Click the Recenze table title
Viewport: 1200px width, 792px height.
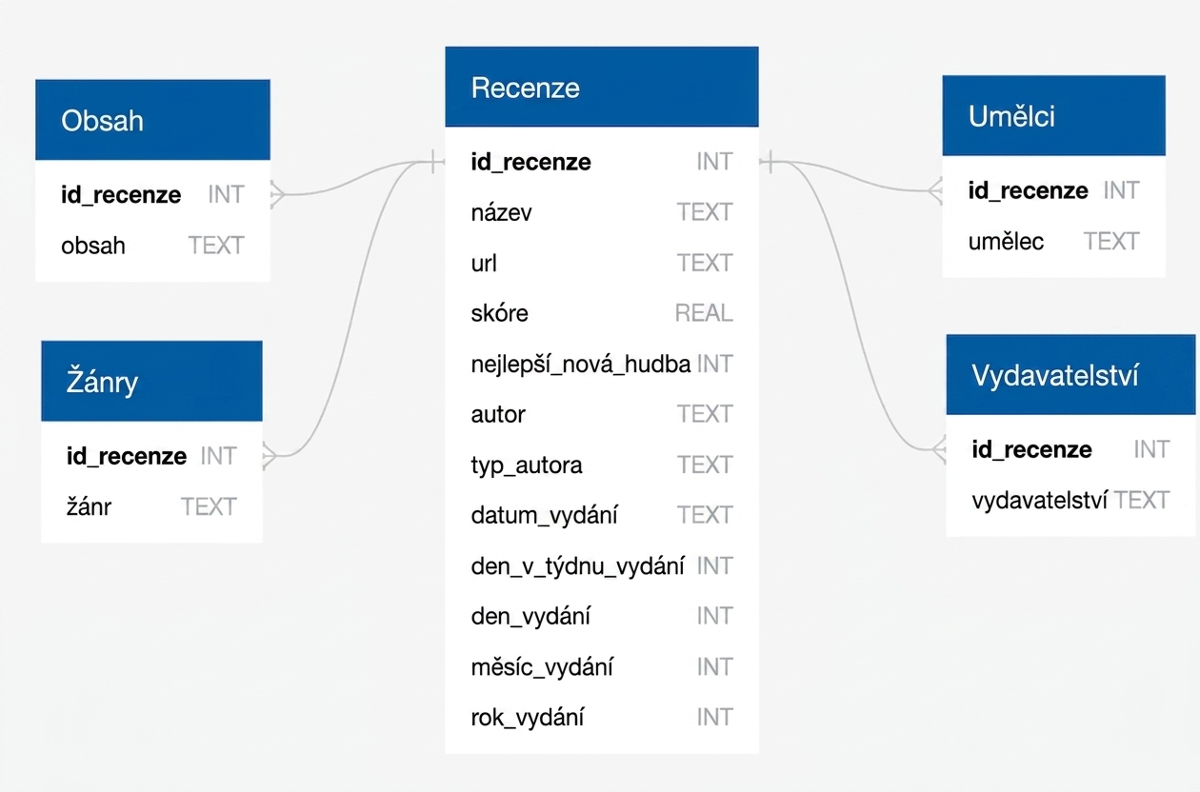click(x=525, y=88)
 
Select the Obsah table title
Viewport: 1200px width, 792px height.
click(x=102, y=121)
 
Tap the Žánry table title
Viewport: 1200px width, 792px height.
click(x=102, y=381)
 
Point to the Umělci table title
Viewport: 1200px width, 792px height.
click(x=1011, y=116)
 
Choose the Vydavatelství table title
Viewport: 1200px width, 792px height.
click(x=1055, y=375)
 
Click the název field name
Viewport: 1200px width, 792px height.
click(x=501, y=212)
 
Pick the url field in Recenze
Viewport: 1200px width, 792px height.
click(x=484, y=263)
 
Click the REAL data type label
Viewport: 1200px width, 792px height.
click(x=704, y=313)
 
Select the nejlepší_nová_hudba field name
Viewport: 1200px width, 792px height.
click(x=581, y=365)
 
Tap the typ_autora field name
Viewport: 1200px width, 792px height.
click(x=527, y=465)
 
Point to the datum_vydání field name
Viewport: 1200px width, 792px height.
click(x=545, y=515)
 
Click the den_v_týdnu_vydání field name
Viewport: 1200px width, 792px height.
click(x=577, y=566)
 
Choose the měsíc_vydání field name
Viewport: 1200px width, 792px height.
click(x=542, y=667)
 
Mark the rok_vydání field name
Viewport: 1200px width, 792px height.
click(x=528, y=718)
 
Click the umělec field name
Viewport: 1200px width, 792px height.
click(x=1006, y=242)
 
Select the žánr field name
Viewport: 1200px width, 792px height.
click(x=89, y=506)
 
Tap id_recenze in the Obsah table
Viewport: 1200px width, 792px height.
click(x=121, y=194)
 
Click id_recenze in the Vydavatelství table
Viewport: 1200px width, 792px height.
click(x=1031, y=450)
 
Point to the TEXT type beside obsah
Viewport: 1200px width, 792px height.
click(x=216, y=246)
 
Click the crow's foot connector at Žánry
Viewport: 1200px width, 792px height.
click(x=270, y=456)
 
